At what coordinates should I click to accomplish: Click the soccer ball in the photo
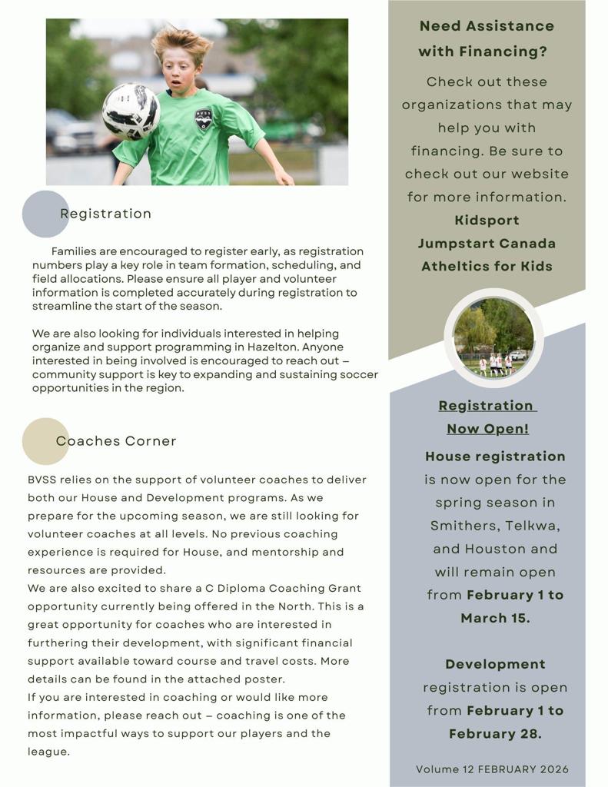tap(131, 111)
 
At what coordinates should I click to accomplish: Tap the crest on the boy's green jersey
tap(204, 119)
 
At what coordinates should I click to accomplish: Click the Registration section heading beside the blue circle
tap(105, 214)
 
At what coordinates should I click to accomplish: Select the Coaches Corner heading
tap(116, 441)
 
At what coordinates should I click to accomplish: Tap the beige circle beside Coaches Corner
tap(45, 441)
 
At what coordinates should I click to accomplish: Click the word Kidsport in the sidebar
tap(487, 221)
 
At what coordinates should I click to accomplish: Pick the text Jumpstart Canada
tap(487, 244)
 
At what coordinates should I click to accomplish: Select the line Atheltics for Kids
tap(487, 267)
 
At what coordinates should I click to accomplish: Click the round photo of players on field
tap(493, 338)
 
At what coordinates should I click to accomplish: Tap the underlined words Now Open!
tap(487, 429)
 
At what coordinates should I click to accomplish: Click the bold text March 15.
tap(495, 618)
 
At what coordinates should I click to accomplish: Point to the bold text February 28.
tap(495, 734)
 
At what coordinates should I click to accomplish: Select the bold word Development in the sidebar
tap(495, 664)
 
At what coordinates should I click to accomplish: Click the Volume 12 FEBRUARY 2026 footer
tap(492, 769)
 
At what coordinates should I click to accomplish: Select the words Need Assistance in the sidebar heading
tap(487, 26)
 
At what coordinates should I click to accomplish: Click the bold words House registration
tap(495, 457)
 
